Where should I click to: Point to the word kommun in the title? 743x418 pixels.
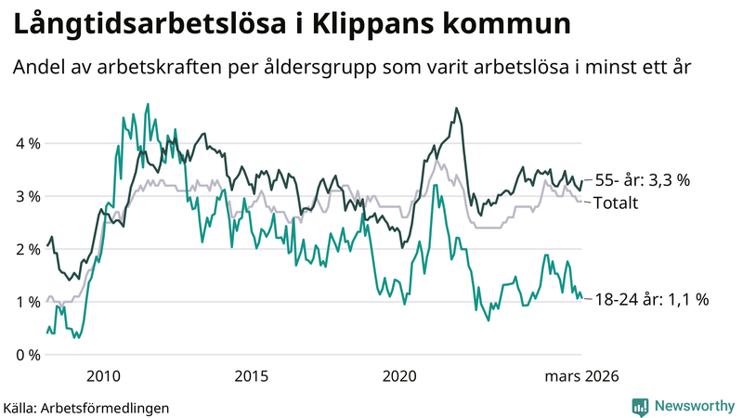pos(508,25)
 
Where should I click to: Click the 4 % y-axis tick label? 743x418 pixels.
pos(27,144)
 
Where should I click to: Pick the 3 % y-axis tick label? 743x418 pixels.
pos(27,197)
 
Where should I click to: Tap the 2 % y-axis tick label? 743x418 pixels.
pos(27,249)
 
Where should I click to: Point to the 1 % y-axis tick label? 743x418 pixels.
pos(27,302)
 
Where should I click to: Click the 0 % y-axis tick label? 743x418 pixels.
pos(27,355)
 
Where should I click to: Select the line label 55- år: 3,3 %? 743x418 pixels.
pos(642,181)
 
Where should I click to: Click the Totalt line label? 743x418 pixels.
pos(616,202)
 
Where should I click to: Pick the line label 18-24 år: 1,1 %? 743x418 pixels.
pos(652,299)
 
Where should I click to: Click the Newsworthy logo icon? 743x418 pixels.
pos(641,406)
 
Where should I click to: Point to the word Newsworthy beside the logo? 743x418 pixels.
pos(693,406)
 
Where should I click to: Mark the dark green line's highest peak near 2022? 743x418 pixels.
pos(456,109)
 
